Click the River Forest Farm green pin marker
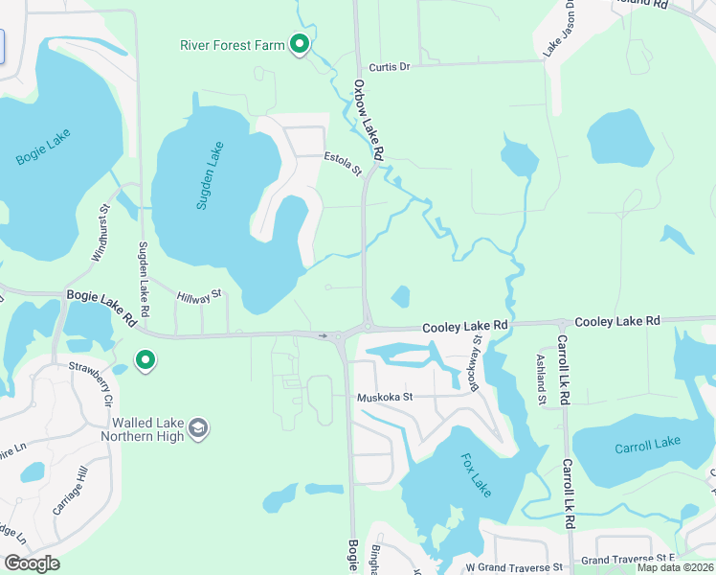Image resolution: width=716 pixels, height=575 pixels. [x=300, y=44]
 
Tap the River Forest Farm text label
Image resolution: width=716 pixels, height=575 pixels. [x=234, y=45]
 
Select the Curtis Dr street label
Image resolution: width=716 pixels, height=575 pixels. [x=390, y=67]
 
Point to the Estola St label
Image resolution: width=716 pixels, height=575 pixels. [x=342, y=164]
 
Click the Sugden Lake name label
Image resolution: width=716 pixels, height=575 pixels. [x=210, y=175]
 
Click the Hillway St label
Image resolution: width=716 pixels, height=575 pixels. [x=199, y=297]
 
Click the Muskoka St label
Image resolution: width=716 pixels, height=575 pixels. [x=384, y=397]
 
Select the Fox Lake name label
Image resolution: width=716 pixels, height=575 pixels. [x=476, y=475]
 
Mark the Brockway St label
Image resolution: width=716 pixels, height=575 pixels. [x=475, y=362]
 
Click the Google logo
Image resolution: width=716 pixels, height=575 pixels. [x=32, y=563]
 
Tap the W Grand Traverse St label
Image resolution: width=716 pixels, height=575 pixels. [x=514, y=568]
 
